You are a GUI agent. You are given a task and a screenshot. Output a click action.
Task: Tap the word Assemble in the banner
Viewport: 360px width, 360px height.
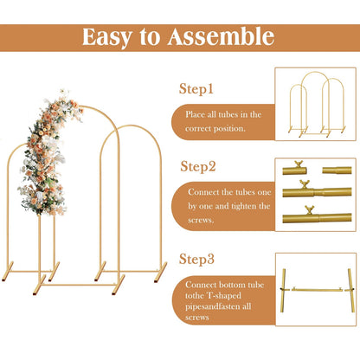click(x=221, y=36)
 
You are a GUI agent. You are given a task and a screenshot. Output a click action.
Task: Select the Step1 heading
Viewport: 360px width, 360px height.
click(x=196, y=88)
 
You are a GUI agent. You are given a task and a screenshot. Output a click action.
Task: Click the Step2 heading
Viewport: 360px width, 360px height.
click(x=198, y=166)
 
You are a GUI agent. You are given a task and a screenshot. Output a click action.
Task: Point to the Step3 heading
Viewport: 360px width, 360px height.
click(x=196, y=259)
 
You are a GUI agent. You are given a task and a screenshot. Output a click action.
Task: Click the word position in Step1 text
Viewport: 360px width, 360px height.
click(x=230, y=129)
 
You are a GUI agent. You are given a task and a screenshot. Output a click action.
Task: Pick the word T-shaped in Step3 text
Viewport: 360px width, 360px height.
click(x=224, y=296)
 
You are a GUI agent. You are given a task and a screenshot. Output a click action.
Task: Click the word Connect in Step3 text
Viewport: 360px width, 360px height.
click(x=201, y=285)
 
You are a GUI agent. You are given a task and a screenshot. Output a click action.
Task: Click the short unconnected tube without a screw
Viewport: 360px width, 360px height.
click(x=337, y=170)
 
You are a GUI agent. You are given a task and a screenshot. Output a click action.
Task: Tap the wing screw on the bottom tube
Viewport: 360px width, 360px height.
click(x=309, y=209)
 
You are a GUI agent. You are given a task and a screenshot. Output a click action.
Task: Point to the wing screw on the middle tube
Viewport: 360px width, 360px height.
click(x=304, y=184)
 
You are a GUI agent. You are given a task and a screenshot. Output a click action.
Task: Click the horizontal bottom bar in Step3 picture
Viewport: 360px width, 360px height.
click(x=317, y=289)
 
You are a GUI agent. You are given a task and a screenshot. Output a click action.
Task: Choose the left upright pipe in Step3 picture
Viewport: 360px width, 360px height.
click(x=283, y=290)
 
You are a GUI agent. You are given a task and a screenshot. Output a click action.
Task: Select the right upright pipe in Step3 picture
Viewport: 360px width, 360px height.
click(x=351, y=290)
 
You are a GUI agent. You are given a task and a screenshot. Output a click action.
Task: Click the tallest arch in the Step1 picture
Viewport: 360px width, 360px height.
click(x=315, y=72)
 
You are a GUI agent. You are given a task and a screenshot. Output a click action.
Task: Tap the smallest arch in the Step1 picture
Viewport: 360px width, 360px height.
click(x=298, y=85)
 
